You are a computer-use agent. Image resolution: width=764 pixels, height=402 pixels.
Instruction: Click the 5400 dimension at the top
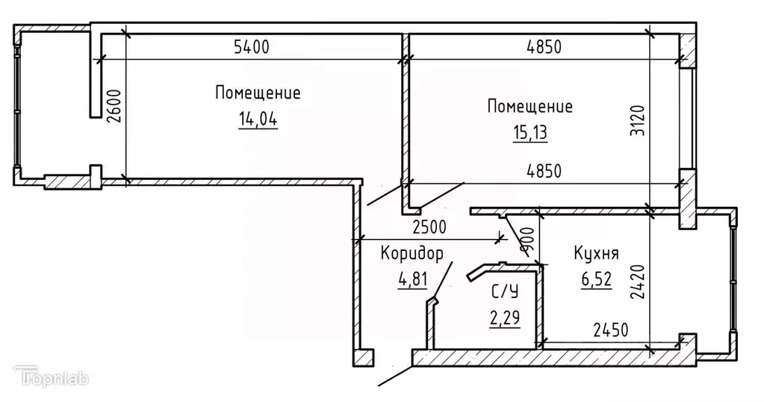coord(251,49)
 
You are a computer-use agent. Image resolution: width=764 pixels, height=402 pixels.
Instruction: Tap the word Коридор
coord(411,253)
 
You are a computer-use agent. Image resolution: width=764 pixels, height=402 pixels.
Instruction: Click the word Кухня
coord(596,253)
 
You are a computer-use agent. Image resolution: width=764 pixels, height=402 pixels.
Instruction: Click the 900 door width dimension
coord(527,240)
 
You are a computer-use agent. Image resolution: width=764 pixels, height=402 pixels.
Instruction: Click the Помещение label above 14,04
coord(258,94)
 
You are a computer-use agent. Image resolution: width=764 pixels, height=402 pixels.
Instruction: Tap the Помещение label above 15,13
coord(529,107)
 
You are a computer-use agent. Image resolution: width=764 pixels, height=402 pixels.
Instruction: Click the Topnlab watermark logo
coord(52,377)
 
